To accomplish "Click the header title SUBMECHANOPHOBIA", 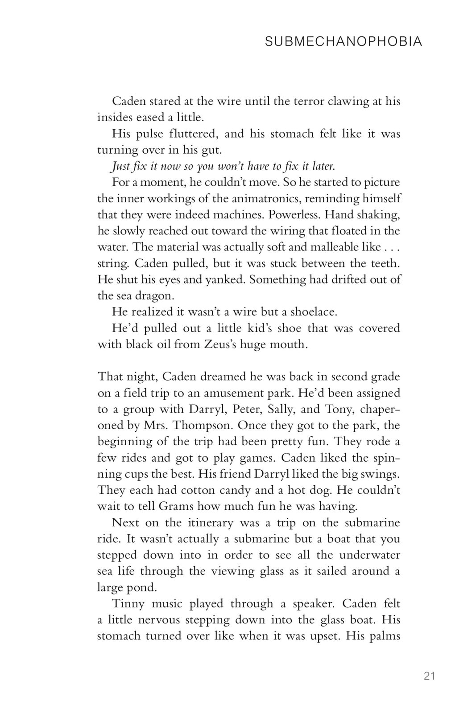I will click(343, 42).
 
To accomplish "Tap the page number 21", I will click(429, 676).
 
